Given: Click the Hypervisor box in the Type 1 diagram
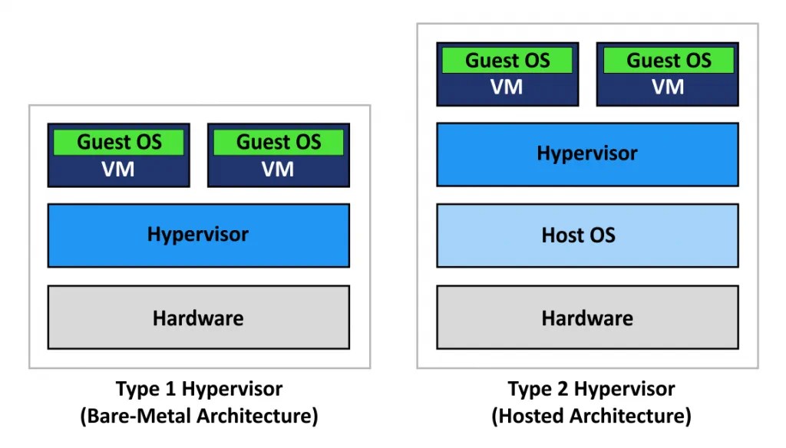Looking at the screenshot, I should [198, 235].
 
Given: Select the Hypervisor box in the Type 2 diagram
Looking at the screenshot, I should [587, 153].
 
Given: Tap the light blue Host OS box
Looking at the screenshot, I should [587, 235].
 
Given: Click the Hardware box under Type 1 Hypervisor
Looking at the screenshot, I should [198, 318].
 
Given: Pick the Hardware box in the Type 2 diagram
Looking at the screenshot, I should [587, 318].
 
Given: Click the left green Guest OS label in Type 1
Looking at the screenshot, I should [118, 142].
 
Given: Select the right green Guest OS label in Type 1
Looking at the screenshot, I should [278, 142].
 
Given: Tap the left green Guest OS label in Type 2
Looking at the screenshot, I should [507, 61].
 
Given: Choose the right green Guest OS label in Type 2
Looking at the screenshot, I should [668, 61].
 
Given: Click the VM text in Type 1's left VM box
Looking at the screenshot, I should [118, 170].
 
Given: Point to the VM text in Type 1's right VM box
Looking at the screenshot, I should [278, 170].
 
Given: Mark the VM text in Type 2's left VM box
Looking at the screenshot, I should [507, 87].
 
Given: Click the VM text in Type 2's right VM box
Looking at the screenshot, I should [668, 87].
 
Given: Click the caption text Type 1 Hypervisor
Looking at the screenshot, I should [199, 389].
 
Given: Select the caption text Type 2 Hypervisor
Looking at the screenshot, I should [591, 389].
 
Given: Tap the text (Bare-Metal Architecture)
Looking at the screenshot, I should [199, 417].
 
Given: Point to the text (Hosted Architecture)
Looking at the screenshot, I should [591, 417].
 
